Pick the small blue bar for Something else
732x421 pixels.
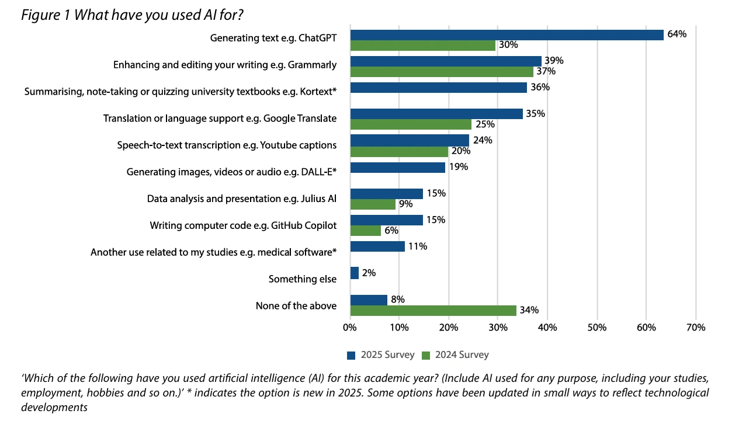354,273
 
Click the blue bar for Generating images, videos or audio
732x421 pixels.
397,168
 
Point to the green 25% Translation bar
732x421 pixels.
410,124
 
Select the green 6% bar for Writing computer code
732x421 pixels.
365,231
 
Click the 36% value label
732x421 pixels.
540,88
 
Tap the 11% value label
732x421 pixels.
418,246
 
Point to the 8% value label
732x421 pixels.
398,300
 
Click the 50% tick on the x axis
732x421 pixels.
596,328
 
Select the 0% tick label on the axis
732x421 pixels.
349,328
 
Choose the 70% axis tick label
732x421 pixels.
695,328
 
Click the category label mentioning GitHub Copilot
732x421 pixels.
243,225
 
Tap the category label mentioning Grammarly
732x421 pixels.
225,65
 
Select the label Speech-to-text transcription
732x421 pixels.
227,145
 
